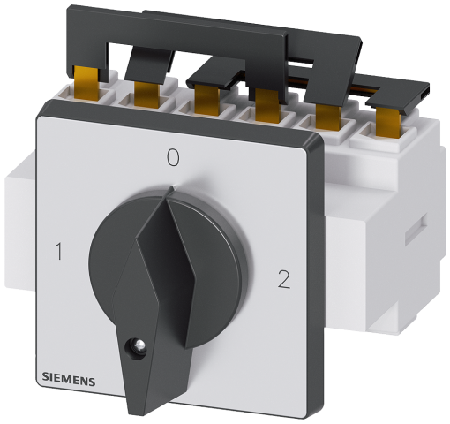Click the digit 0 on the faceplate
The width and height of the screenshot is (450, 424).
(x=173, y=157)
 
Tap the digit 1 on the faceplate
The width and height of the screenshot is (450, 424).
(x=59, y=252)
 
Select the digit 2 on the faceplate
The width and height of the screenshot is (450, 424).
(x=283, y=280)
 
